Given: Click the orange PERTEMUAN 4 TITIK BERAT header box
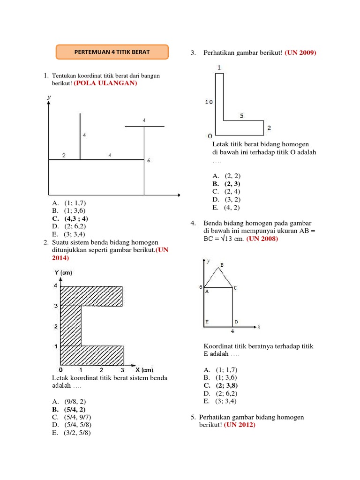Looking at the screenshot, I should pos(112,52).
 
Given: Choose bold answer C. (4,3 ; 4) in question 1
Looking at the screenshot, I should pos(70,218).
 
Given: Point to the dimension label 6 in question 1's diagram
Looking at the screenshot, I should pos(149,161).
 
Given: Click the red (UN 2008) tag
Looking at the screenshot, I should pos(262,239).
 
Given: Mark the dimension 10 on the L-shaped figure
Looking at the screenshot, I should pos(209,102).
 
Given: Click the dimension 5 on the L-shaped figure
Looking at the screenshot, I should pos(241,115).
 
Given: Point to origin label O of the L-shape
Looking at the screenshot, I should pos(210,136).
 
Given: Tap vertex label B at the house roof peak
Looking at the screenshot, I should pos(222,265).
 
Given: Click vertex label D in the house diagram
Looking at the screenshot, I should pos(236,322).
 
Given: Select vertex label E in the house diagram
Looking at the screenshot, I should pos(207,322).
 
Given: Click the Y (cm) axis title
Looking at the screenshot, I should pos(63,273).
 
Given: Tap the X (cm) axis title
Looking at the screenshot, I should pos(144,369).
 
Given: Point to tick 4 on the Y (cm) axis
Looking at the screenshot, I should pos(55,285).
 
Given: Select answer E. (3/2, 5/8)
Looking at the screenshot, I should pos(72,433).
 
